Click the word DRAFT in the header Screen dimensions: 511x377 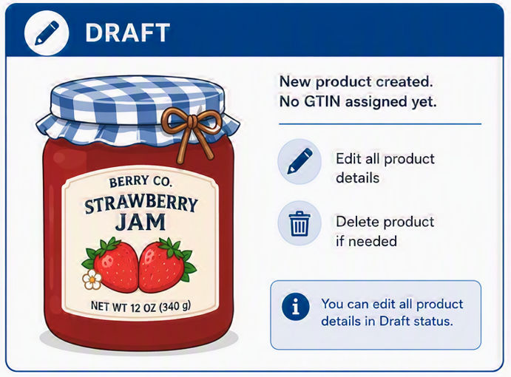127,33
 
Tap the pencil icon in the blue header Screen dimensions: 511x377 47,33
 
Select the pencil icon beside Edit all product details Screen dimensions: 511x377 300,161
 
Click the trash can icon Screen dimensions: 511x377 300,223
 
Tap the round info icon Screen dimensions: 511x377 296,307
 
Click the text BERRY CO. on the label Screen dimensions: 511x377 141,182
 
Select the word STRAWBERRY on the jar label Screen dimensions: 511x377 141,205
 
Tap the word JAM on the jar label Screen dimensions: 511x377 141,223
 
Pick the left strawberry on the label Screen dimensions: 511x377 112,264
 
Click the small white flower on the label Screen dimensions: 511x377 92,279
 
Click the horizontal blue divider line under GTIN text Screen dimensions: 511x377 380,124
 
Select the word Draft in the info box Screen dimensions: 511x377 394,322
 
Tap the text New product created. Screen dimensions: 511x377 356,81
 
